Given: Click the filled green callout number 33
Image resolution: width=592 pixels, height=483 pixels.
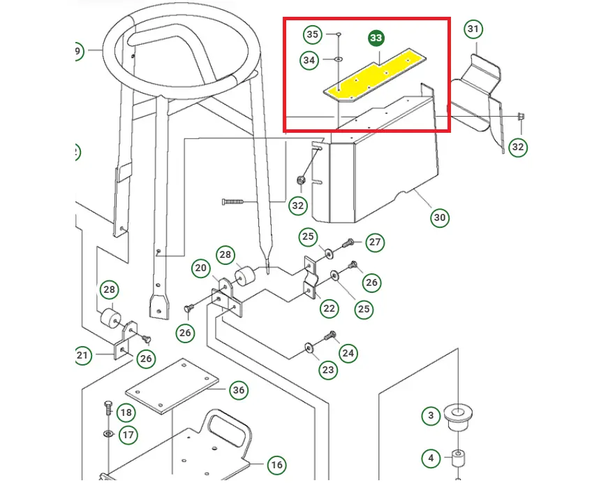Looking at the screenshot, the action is coord(376,38).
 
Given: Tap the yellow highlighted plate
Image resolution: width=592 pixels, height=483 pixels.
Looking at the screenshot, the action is coord(375,75).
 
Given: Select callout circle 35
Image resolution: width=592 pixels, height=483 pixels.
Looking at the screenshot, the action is coord(312,35).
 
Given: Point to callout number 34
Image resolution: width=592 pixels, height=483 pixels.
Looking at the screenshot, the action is coord(309,60).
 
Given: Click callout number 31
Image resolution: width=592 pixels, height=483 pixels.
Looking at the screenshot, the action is coord(473,29).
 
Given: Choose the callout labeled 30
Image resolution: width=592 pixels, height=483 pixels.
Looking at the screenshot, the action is coord(440,217).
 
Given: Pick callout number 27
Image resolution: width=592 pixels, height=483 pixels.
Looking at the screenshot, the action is coord(375,242).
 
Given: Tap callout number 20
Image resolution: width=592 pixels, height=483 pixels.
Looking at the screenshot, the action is coord(200,268).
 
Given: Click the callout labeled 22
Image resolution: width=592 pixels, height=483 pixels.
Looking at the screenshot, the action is coord(330,308).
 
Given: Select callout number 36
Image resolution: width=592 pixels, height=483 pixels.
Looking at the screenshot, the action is coord(239,389).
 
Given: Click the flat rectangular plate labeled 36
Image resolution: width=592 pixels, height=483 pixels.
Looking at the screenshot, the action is coord(172,386).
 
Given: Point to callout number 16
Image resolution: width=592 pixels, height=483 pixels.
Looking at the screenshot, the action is coord(276,465).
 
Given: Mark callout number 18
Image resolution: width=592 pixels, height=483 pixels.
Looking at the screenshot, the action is coord(126,412).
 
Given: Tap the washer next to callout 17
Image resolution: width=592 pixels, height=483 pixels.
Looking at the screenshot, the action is coord(108,433).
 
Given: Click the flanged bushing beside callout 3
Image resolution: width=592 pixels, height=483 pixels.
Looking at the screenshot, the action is coord(458,417).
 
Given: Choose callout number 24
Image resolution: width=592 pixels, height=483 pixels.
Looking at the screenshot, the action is coord(348,353).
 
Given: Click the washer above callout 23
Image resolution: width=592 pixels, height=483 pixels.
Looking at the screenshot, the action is coord(309,347).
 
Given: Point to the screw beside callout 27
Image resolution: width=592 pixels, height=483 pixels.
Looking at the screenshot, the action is coord(348,243).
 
